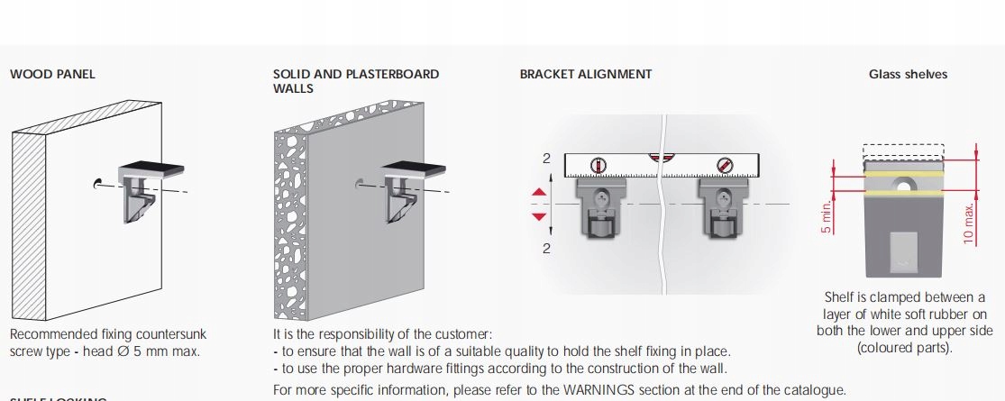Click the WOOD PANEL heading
point(52,74)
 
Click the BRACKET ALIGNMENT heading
point(585,74)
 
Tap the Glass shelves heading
point(908,74)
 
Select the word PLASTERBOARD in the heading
point(393,74)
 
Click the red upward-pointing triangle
point(539,192)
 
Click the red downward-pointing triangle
point(539,216)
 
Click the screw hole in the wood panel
point(96,185)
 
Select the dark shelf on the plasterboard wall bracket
point(414,169)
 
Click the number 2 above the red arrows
point(546,159)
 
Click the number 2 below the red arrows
point(546,249)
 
